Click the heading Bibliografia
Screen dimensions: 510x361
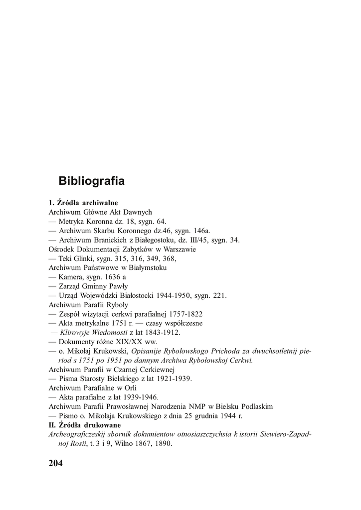pyautogui.click(x=91, y=181)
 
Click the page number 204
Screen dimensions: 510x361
pyautogui.click(x=56, y=464)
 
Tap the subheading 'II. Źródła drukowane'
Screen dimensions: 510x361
pyautogui.click(x=85, y=425)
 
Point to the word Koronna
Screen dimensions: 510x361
pyautogui.click(x=103, y=221)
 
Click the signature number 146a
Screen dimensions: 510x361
pyautogui.click(x=200, y=231)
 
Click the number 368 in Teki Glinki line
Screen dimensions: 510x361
pyautogui.click(x=169, y=258)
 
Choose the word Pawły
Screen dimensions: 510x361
pyautogui.click(x=118, y=286)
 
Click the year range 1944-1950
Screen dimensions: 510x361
pyautogui.click(x=175, y=295)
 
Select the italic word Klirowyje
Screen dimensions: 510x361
pyautogui.click(x=76, y=332)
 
